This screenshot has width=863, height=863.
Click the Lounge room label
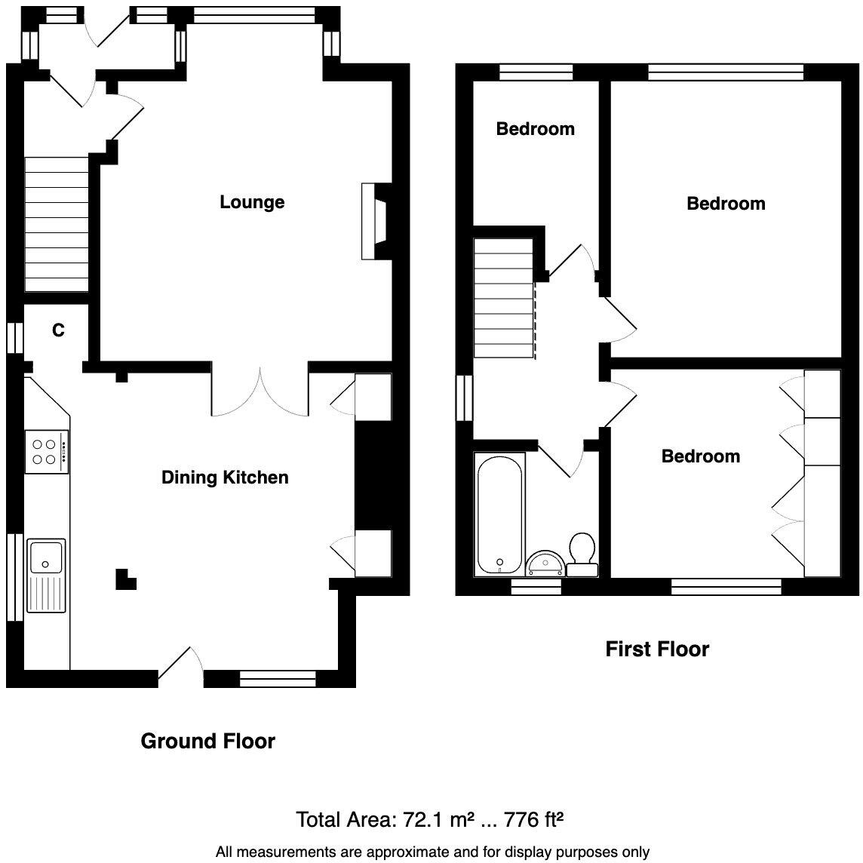(252, 202)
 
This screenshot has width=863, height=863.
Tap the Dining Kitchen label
(225, 478)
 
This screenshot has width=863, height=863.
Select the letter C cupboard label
(58, 330)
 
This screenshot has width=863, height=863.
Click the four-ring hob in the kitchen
(46, 451)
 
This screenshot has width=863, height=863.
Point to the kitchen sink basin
(46, 557)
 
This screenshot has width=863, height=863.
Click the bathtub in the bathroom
(499, 514)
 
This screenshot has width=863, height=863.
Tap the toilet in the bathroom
(582, 553)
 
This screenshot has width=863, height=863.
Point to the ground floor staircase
(57, 223)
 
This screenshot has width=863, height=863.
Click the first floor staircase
(503, 297)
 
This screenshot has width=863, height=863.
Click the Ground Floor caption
(207, 742)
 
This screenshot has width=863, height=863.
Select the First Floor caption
(657, 650)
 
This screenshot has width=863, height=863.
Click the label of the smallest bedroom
(535, 129)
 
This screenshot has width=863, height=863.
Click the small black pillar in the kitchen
(124, 578)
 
